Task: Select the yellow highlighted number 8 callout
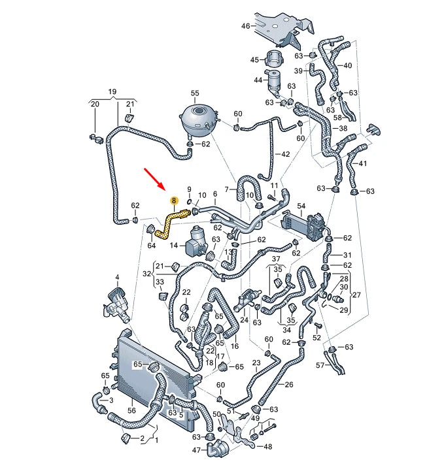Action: (x=173, y=201)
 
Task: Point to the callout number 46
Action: (x=245, y=26)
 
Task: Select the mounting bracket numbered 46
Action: (x=278, y=26)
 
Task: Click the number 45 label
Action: (x=255, y=60)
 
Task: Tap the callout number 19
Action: (x=112, y=91)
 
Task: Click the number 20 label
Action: (x=94, y=105)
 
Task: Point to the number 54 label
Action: (x=301, y=206)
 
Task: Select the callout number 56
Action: (x=131, y=411)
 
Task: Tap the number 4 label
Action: (x=117, y=278)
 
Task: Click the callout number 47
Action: (x=196, y=451)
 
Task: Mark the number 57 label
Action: (x=319, y=365)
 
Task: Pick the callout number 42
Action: (x=284, y=154)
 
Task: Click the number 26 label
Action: (x=290, y=384)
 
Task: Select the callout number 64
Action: (x=152, y=245)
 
